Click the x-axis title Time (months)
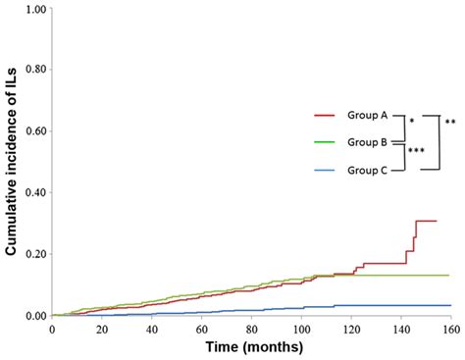(253, 346)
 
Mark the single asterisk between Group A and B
(411, 123)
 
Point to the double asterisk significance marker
(449, 123)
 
